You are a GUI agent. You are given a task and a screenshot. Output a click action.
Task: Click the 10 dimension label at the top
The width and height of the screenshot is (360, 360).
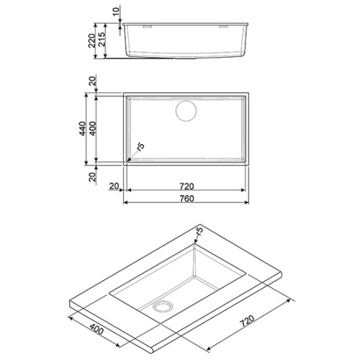point(116,12)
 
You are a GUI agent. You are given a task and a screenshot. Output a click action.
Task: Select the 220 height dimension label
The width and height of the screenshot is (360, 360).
point(92,40)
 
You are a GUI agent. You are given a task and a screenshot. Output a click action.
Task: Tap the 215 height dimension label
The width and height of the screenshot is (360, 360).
point(102,39)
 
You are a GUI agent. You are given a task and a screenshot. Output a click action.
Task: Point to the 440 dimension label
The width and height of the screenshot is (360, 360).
point(82,129)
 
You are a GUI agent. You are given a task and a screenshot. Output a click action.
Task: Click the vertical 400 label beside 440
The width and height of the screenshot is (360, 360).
point(92,129)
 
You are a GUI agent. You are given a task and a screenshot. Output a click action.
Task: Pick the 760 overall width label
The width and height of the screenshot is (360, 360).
point(187,199)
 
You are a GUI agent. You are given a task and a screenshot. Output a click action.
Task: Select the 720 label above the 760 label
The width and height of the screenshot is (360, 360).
point(186,186)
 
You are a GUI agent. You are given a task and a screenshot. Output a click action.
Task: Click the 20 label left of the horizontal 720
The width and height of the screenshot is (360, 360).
point(114,186)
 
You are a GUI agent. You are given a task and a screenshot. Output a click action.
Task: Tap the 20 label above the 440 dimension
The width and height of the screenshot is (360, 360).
point(92,81)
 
